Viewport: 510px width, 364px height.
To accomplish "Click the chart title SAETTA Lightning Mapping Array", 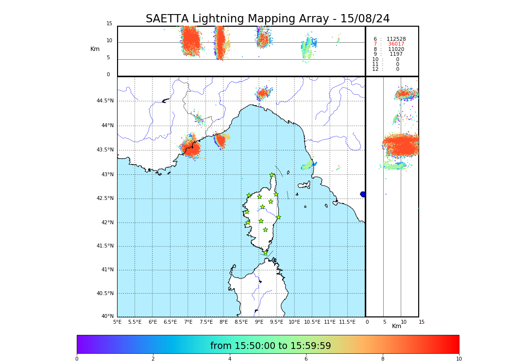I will [268, 19].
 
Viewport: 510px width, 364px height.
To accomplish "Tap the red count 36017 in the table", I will [396, 44].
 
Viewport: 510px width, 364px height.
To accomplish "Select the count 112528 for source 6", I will [396, 39].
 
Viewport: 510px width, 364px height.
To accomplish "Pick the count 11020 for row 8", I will [396, 49].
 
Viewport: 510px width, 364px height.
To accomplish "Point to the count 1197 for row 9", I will [396, 54].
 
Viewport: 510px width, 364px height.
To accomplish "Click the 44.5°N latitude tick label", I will [105, 101].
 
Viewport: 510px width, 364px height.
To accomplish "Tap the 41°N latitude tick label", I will [107, 270].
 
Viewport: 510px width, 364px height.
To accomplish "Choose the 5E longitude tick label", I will [118, 322].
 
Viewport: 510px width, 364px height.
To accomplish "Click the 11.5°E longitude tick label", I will [347, 322].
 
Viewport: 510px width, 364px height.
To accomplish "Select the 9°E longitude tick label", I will [259, 322].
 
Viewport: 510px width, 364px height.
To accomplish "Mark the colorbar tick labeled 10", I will [459, 359].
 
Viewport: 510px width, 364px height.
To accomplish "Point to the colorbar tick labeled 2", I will [153, 359].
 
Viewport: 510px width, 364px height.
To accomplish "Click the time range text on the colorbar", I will [271, 346].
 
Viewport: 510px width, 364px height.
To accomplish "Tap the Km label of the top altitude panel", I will [95, 49].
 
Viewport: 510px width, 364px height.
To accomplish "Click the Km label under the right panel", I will [397, 326].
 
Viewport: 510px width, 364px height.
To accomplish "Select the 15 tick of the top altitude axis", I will [109, 24].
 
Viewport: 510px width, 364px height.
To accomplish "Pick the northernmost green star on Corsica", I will [272, 175].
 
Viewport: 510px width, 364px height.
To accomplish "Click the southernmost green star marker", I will [265, 252].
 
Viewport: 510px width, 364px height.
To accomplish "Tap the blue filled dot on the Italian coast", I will [363, 194].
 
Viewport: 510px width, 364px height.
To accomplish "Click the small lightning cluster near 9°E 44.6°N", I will [263, 93].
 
